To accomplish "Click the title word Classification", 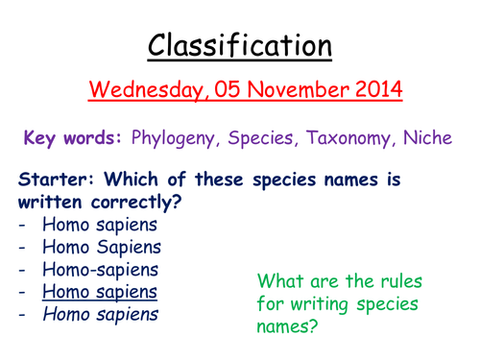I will click(x=239, y=44).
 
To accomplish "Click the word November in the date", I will click(x=285, y=92).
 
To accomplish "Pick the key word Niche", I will click(x=428, y=138).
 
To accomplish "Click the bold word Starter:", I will click(x=52, y=180).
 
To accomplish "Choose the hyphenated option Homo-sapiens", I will click(x=100, y=270).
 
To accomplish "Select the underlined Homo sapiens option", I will click(x=100, y=292).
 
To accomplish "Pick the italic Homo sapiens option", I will click(x=100, y=314).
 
